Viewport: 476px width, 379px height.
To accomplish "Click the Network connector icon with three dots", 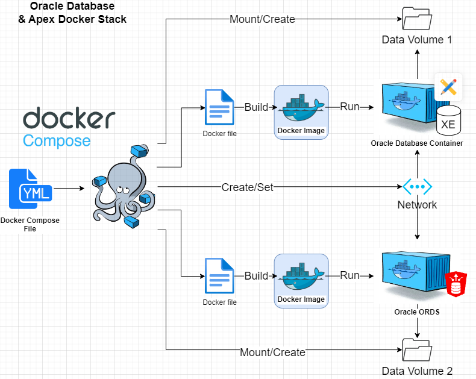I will click(x=418, y=187).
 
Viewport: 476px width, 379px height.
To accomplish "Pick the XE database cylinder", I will click(x=448, y=122).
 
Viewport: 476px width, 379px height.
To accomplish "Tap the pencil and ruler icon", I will click(x=448, y=87).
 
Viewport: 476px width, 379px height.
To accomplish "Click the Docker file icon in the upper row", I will click(x=219, y=108).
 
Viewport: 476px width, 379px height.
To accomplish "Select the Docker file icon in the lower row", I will click(x=219, y=277).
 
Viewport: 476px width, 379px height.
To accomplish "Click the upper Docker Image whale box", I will click(x=301, y=112).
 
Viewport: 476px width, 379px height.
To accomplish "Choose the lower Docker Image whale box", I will click(x=301, y=281).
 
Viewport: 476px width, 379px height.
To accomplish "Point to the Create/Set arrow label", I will click(x=247, y=187).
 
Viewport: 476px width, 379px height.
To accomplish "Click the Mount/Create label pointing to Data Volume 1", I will click(x=262, y=19).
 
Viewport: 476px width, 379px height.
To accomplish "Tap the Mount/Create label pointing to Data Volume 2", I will click(x=272, y=352).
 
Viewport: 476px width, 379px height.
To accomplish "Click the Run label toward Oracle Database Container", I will click(x=349, y=107).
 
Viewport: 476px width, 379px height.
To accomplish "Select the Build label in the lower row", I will click(x=256, y=276).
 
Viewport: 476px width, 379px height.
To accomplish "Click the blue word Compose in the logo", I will click(x=57, y=141).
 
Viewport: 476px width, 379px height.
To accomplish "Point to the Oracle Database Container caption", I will click(x=417, y=143).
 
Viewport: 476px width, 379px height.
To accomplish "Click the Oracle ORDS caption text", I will click(x=417, y=312).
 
